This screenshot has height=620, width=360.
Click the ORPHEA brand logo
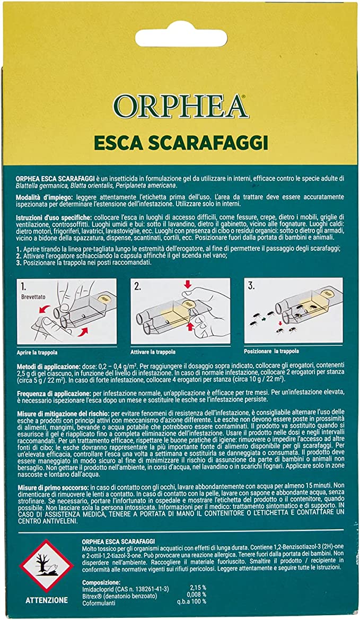click(180, 107)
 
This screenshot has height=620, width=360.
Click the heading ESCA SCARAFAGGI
click(180, 143)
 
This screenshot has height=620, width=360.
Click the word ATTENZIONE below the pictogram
click(47, 600)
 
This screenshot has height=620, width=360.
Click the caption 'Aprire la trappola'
click(37, 352)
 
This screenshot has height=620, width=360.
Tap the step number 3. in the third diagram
click(252, 286)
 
